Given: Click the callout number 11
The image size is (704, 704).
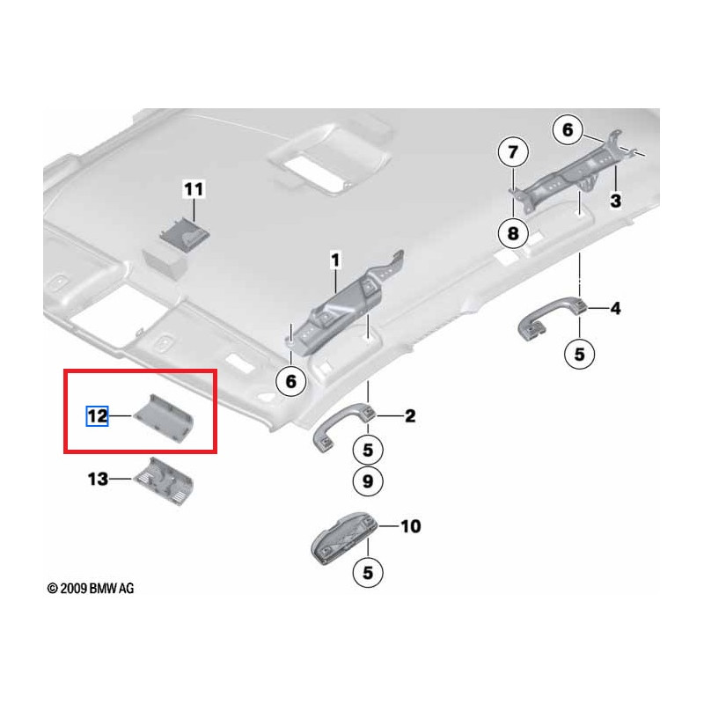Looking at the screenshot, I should coord(193,188).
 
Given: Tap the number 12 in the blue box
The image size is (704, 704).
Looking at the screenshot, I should coord(97,416).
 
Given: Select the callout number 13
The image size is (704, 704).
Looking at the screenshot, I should coord(97,479).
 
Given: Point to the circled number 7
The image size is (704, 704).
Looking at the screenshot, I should coord(513,153).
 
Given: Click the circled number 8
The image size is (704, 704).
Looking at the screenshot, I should coord(513,232).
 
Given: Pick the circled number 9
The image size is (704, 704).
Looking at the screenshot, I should coord(368,480).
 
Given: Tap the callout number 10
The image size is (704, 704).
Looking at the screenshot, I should coord(410,526).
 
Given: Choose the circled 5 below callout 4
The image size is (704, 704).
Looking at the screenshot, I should coord(579,354).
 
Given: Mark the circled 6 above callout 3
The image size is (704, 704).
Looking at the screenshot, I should coord(568,130).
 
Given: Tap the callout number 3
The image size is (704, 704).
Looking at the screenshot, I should coord(616,201).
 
